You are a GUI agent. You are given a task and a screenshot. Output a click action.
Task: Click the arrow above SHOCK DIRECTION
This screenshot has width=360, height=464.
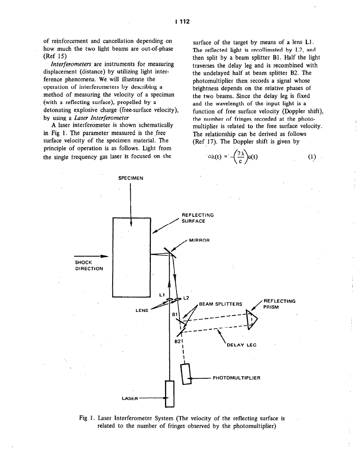click(x=90, y=256)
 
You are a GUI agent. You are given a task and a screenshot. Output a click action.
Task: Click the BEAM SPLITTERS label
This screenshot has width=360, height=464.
click(x=220, y=304)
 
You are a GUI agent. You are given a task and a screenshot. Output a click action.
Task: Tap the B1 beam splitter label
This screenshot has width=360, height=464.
click(x=174, y=314)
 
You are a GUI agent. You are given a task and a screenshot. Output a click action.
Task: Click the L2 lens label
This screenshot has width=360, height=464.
click(x=186, y=297)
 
